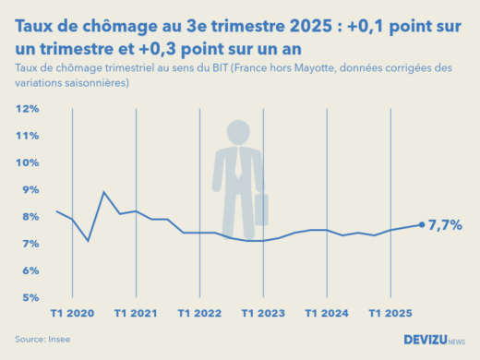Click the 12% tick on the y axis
[27, 109]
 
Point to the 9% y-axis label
[29, 190]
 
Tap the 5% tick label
[29, 298]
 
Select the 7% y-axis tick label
[29, 244]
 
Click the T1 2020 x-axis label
[72, 314]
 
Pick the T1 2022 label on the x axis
[199, 314]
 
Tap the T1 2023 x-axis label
[263, 314]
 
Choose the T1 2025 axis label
[390, 314]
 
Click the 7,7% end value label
[446, 224]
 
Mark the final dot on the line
[422, 224]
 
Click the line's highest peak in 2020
[103, 192]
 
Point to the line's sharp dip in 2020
[88, 241]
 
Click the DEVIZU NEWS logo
[433, 340]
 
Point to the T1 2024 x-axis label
[327, 314]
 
